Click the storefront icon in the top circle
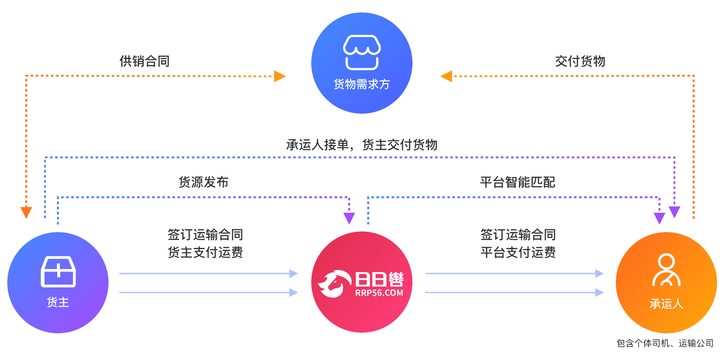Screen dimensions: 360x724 pos(362,52)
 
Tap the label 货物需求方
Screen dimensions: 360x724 pos(362,84)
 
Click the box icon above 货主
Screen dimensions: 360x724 pos(58,272)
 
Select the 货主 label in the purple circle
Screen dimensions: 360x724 pos(58,302)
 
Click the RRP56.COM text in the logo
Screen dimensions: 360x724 pos(379,293)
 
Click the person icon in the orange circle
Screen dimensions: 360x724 pos(666,270)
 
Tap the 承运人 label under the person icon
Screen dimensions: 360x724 pos(666,304)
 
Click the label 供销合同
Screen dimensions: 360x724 pos(144,61)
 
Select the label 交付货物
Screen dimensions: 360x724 pos(580,61)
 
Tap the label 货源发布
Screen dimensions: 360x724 pos(203,182)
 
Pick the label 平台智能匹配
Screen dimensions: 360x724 pos(517,182)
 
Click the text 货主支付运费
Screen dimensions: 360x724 pos(205,253)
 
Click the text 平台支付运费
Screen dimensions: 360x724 pos(518,253)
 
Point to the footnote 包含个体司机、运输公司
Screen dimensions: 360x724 pos(665,343)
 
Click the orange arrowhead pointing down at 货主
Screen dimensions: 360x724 pos(26,212)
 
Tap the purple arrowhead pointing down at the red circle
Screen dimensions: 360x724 pos(349,218)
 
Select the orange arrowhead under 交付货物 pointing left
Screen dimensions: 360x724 pos(447,76)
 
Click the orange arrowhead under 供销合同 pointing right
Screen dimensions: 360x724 pos(280,76)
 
